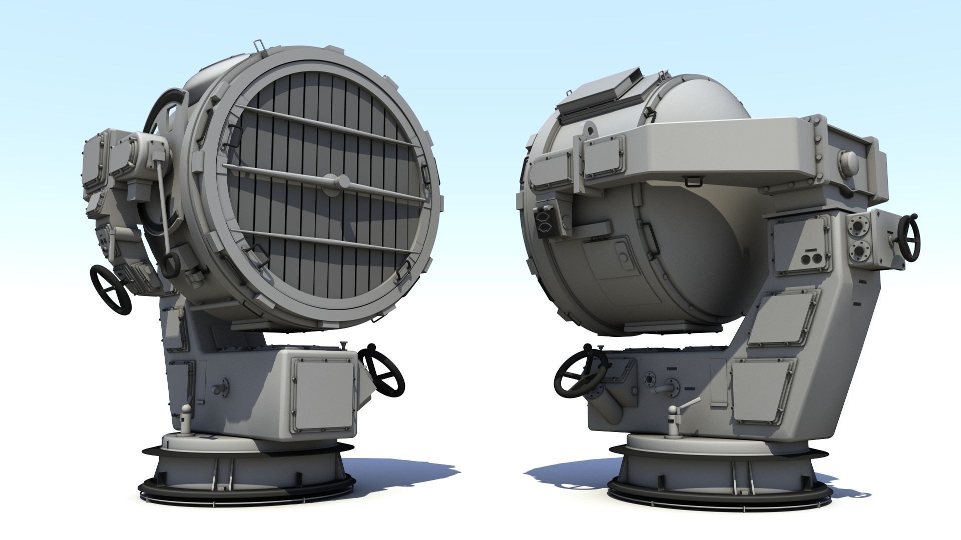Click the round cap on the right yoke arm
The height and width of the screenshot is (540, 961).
click(x=849, y=161)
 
